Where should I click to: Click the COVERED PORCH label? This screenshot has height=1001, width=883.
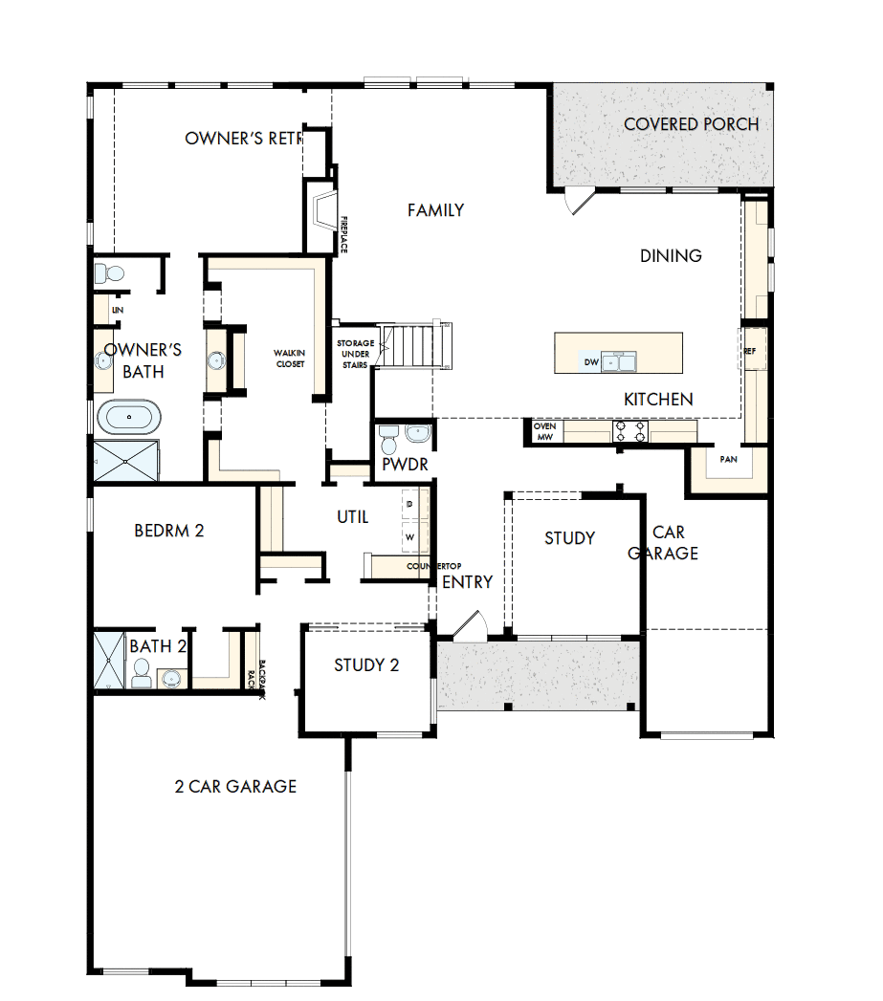point(691,124)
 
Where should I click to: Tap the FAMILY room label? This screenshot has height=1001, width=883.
point(435,210)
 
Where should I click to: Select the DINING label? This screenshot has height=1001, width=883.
point(671,255)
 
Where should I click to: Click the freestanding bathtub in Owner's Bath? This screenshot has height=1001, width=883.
point(129,418)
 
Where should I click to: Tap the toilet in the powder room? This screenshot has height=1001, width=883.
point(388,441)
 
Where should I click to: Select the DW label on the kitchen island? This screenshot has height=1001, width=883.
point(591,362)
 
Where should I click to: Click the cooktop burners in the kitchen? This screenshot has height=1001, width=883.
point(629,432)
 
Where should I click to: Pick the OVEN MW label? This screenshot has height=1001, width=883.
point(544,432)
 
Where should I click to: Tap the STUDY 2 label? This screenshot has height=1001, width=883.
point(366,665)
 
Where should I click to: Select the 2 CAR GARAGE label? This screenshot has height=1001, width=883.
point(235,787)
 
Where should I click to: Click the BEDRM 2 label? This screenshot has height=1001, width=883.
point(169,530)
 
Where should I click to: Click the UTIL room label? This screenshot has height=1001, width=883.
point(352,517)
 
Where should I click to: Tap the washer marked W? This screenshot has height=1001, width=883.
point(410,536)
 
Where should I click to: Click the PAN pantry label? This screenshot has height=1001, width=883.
point(728,459)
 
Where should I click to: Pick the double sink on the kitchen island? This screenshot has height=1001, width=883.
point(619,361)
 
